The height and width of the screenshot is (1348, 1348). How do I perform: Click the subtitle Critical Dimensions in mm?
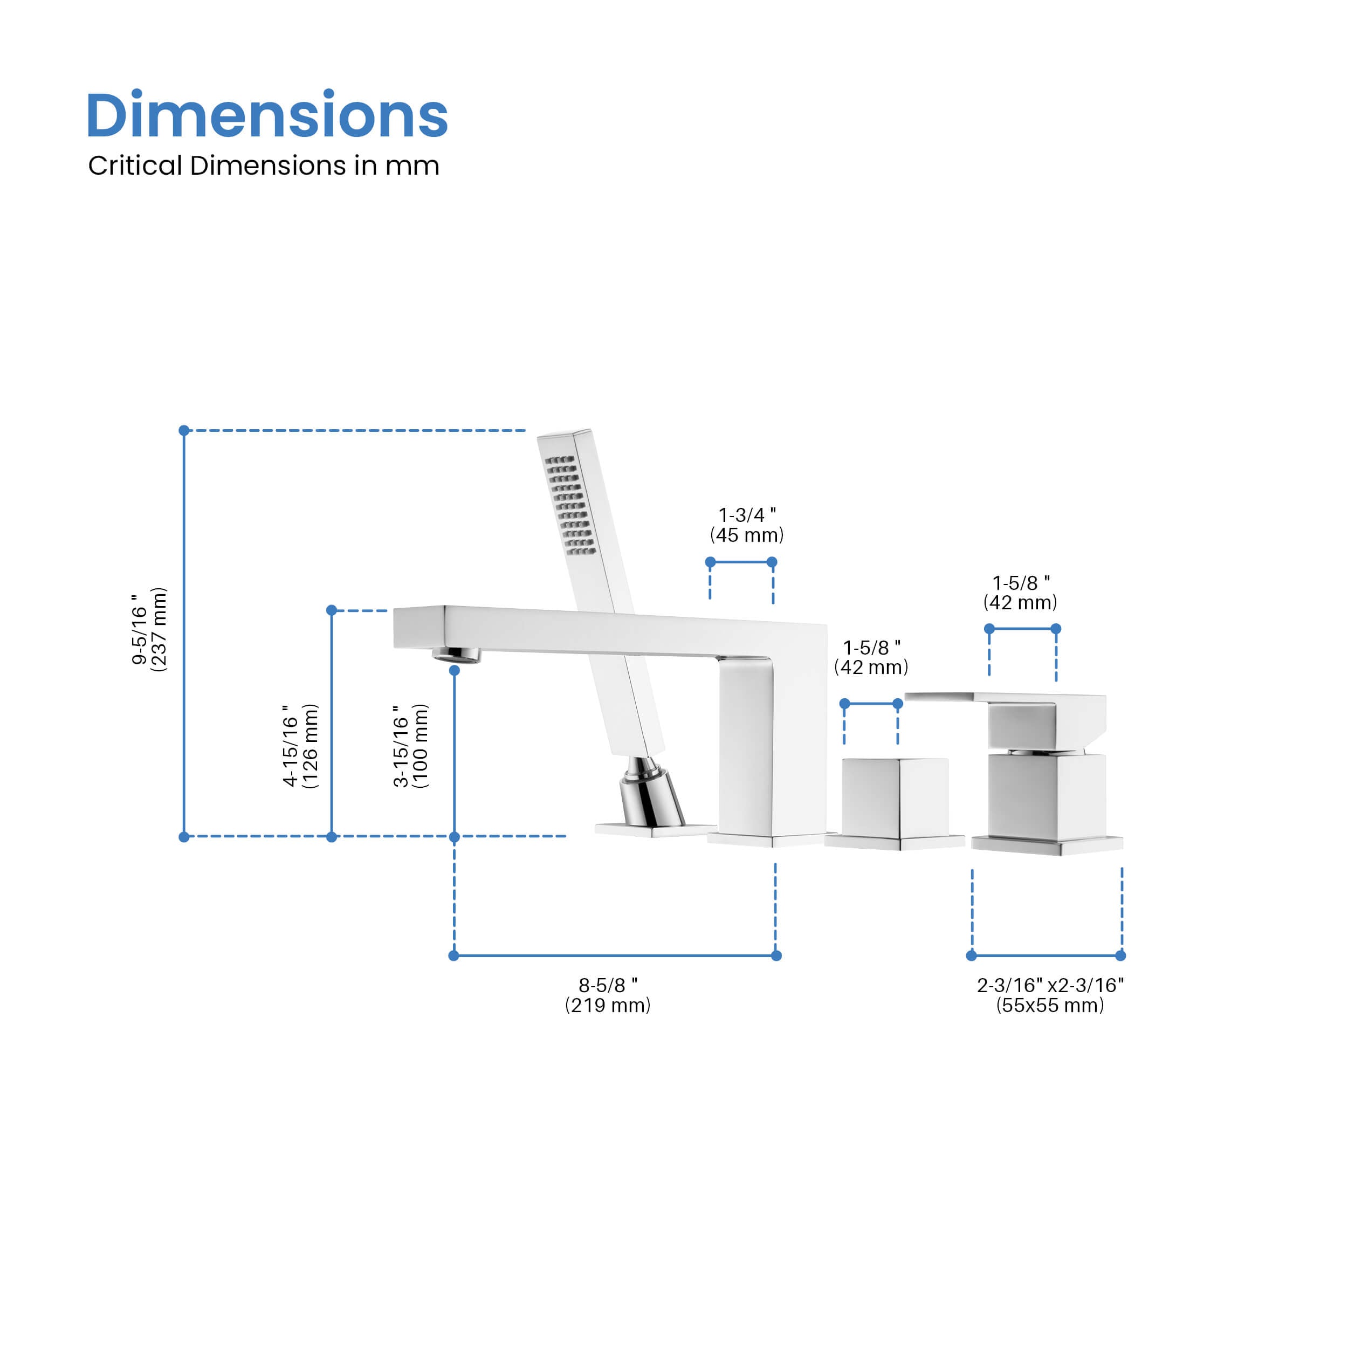point(264,166)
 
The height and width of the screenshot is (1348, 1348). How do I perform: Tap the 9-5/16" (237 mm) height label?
point(149,629)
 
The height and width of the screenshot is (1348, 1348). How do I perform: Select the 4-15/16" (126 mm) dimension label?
point(300,746)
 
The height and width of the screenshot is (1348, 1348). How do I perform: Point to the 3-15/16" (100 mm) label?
point(411,746)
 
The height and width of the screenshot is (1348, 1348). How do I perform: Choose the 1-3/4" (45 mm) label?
point(747,525)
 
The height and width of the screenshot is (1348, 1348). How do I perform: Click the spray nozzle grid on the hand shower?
point(570,505)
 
